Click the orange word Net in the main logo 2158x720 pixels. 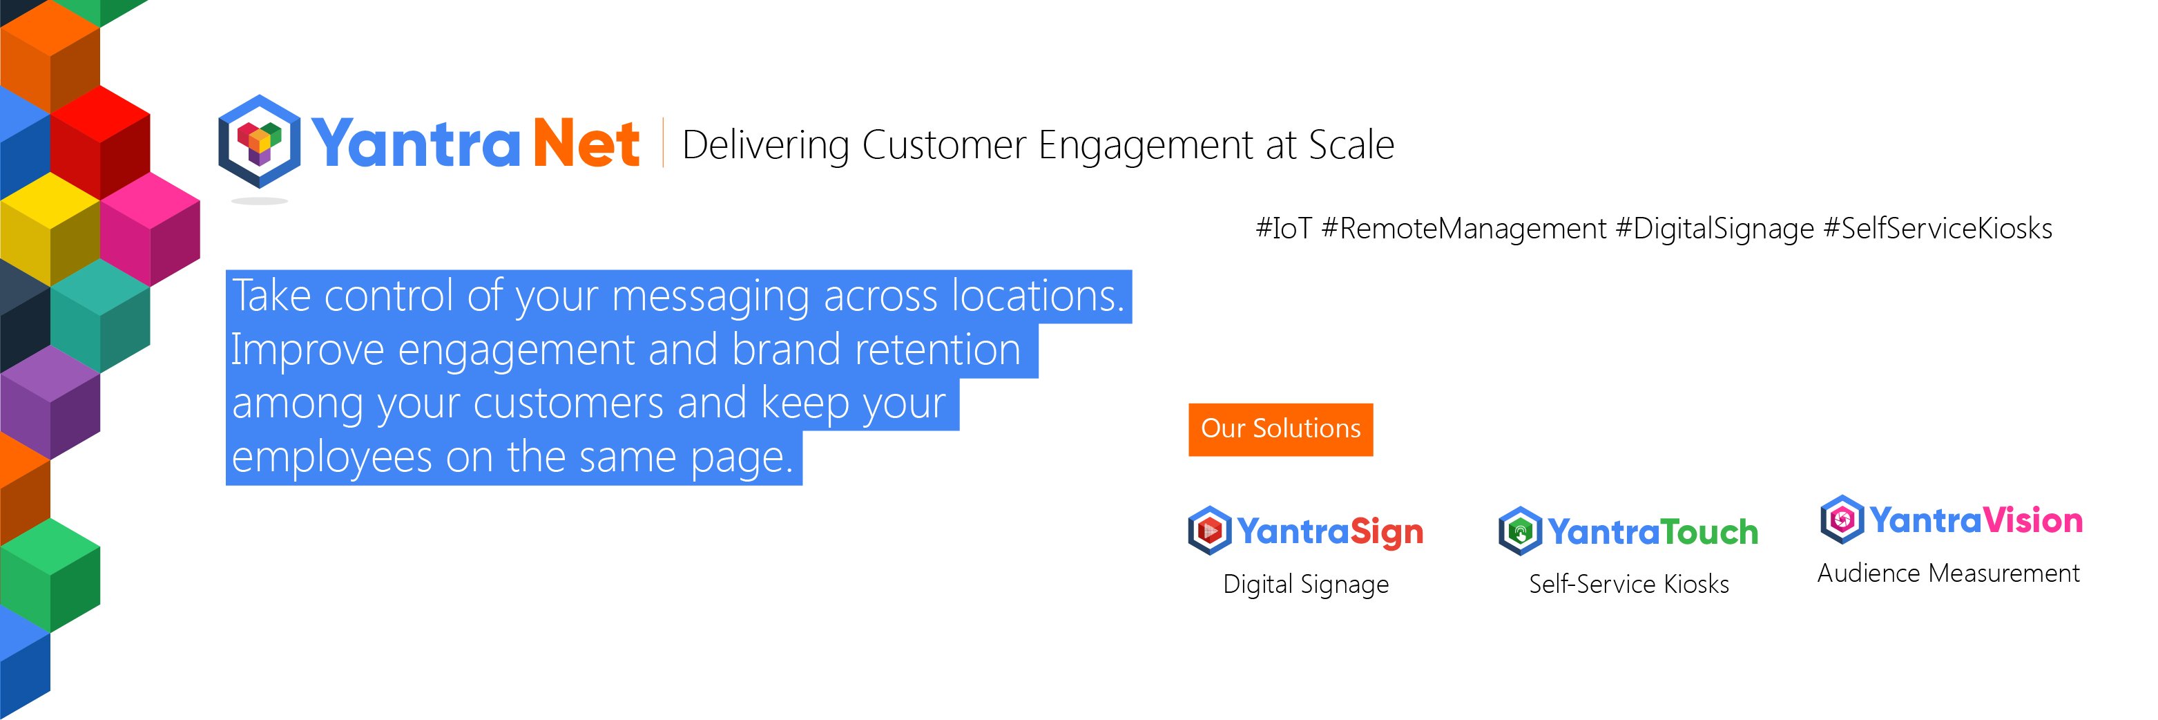click(x=586, y=144)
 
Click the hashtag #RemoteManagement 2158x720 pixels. click(x=1463, y=228)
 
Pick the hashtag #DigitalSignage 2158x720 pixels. click(x=1714, y=228)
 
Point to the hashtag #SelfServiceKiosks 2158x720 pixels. click(x=1937, y=228)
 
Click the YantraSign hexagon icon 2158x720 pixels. click(x=1209, y=530)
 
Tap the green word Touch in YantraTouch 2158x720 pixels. click(x=1709, y=531)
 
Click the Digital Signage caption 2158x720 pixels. click(x=1305, y=583)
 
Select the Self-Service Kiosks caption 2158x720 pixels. click(x=1628, y=583)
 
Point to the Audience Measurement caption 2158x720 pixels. click(x=1948, y=573)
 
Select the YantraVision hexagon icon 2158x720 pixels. click(x=1841, y=520)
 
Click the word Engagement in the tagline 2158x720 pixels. click(x=1145, y=145)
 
